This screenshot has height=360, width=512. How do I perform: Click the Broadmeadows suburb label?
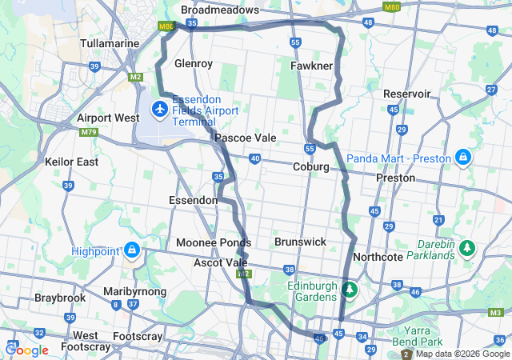point(220,10)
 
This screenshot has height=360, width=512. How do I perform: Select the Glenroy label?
point(193,62)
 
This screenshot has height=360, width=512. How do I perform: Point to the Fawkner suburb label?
point(312,65)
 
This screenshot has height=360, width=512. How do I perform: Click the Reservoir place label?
point(407,94)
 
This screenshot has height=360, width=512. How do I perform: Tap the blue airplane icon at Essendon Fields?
point(159,106)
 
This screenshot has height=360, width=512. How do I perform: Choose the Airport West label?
point(108,118)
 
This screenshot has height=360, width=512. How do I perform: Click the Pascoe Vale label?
point(245,138)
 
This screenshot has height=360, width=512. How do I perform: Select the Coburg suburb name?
point(311,166)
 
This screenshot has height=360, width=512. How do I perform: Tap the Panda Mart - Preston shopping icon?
point(463,157)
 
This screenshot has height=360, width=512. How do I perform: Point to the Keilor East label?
point(72,162)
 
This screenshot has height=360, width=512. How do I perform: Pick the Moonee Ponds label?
point(214,242)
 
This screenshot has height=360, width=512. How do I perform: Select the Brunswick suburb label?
point(300,241)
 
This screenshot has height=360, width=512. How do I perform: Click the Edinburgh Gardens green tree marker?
point(349,289)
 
